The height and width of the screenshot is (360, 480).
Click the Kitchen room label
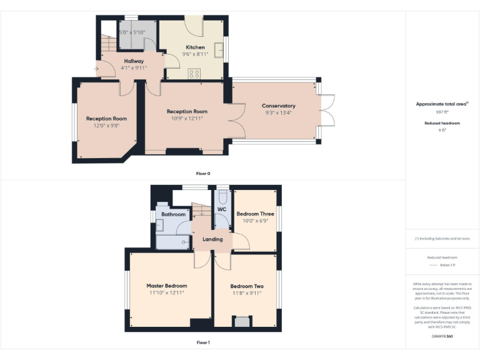(195, 47)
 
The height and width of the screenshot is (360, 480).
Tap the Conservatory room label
(279, 106)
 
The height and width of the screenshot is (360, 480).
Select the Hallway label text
(134, 61)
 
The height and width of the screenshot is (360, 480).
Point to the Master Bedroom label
(166, 286)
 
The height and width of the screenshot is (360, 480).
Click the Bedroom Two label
(246, 286)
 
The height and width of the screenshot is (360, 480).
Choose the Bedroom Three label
(255, 214)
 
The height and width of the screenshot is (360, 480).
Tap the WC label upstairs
(221, 209)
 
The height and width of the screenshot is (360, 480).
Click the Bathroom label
(173, 214)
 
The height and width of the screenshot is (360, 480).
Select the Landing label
(212, 239)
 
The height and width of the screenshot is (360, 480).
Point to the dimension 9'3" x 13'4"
(279, 112)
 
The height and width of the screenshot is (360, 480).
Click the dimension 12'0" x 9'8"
(106, 125)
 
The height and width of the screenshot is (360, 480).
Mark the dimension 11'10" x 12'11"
(166, 292)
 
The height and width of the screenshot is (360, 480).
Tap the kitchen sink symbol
(219, 50)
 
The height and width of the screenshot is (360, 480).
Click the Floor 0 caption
(203, 172)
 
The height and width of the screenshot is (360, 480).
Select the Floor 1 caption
(203, 342)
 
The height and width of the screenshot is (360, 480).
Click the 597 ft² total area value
(442, 112)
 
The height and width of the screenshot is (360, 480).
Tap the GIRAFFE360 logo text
(442, 336)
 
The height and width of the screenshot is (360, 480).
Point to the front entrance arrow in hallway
(96, 68)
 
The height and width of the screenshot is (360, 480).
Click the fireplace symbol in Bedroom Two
(240, 321)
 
